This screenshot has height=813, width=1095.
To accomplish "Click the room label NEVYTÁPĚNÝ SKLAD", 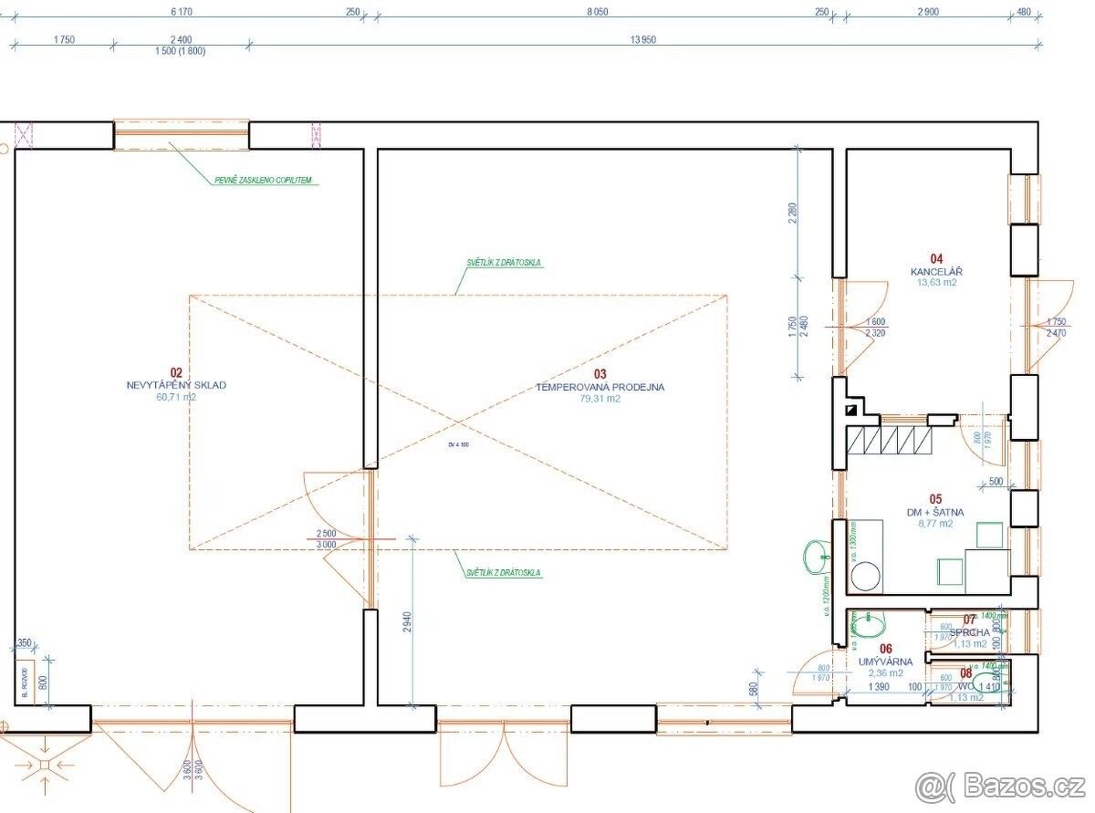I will (176, 385).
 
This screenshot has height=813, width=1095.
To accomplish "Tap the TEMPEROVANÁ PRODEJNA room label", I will (600, 387).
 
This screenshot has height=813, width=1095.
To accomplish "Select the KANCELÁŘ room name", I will (936, 272).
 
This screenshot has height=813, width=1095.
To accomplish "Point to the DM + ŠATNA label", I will (935, 512).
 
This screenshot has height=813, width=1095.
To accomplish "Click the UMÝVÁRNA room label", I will (880, 661).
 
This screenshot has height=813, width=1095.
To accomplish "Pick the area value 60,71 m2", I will (176, 398).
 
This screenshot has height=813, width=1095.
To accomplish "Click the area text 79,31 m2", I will (600, 399).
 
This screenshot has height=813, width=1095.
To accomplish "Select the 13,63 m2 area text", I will (936, 283).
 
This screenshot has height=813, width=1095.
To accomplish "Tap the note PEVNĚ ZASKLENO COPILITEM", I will (263, 181).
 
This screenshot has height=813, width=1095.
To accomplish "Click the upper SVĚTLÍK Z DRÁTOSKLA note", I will (503, 263).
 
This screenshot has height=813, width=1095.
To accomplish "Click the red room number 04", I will (936, 259).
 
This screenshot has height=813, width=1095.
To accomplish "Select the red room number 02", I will (176, 372).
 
